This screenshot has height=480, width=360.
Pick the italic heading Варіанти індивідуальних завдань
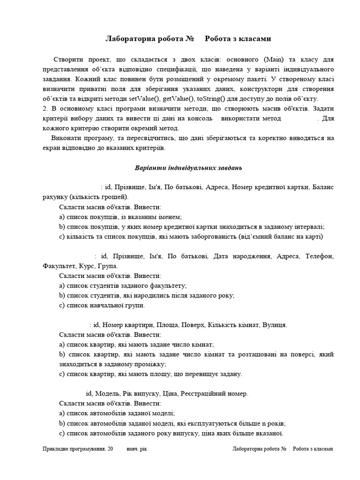[x=188, y=167]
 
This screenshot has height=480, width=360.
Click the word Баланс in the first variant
[x=322, y=187]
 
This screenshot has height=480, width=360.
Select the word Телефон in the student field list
[x=319, y=256]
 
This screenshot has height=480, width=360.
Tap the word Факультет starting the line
[x=60, y=266]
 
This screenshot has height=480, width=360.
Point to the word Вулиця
[x=275, y=324]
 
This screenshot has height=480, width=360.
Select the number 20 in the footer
[x=110, y=449]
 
